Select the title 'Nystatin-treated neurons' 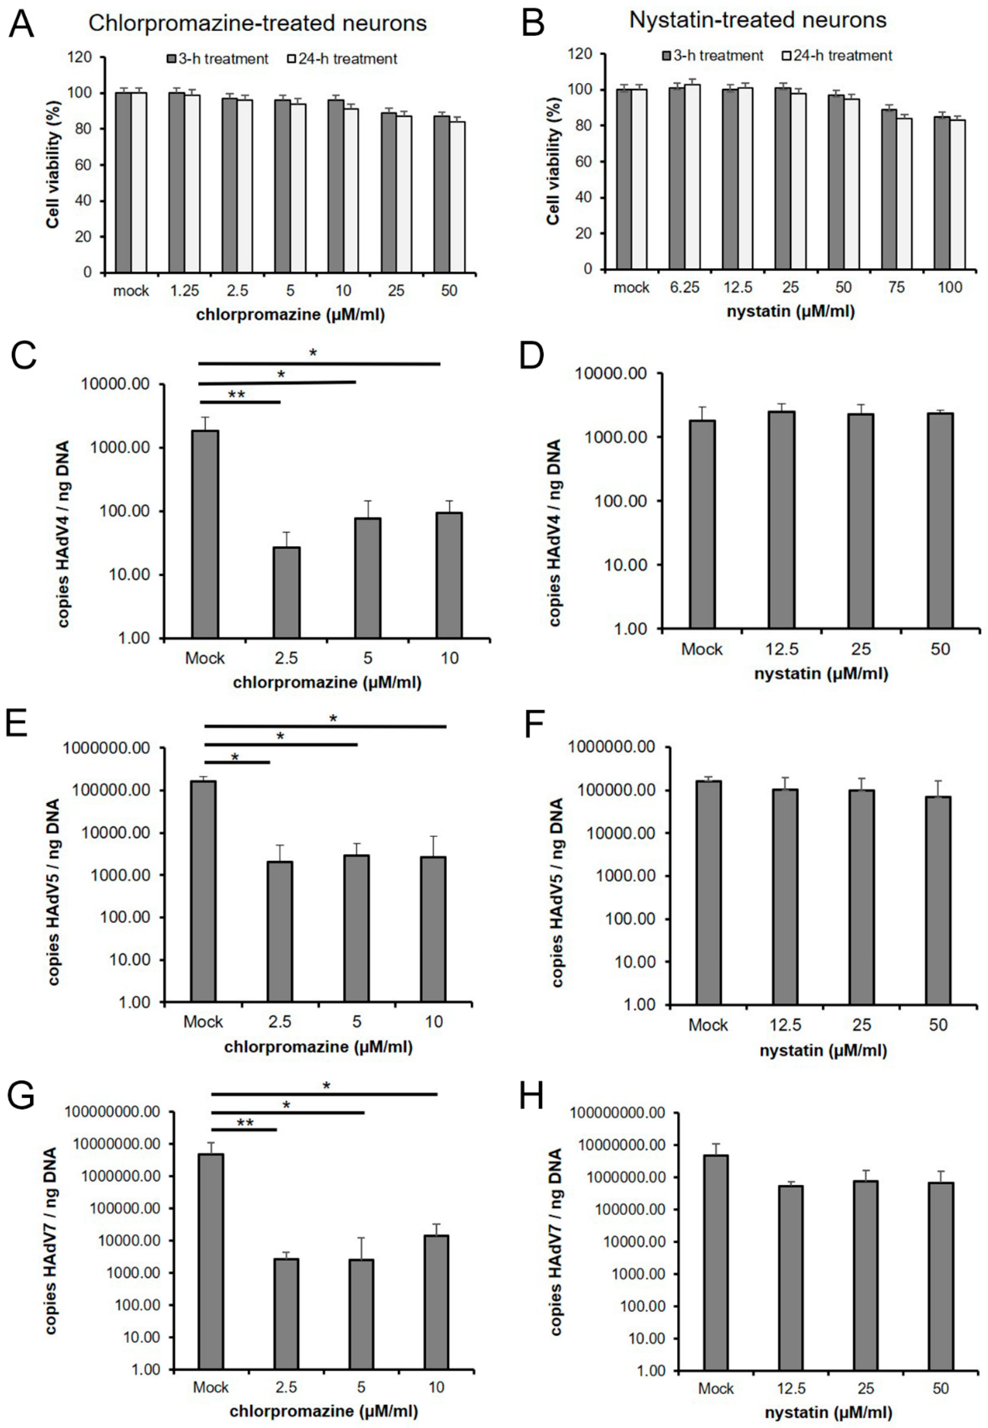(758, 20)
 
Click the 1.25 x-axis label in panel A (184, 291)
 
